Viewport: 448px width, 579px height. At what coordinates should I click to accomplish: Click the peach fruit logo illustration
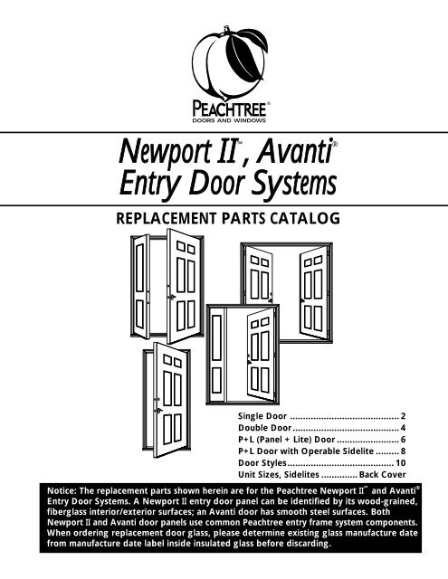tap(229, 62)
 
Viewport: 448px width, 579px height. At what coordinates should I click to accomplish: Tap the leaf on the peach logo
tap(246, 53)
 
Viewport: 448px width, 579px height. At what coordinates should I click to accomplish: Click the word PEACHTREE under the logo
tap(229, 109)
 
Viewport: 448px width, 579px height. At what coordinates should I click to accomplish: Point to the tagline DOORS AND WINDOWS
tap(229, 120)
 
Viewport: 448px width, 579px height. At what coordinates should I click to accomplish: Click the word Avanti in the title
tap(294, 151)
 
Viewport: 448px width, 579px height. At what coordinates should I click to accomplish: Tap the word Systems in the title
tap(294, 184)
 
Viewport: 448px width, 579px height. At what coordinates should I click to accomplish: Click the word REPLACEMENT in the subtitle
tap(166, 218)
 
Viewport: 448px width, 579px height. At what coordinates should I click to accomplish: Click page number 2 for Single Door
tap(403, 416)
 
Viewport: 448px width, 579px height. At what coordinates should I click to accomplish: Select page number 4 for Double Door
tap(403, 428)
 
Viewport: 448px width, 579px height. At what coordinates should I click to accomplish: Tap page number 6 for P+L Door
tap(403, 440)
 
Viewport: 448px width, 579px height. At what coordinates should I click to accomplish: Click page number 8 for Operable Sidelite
tap(403, 451)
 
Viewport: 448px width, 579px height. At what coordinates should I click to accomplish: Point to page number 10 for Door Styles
tap(401, 463)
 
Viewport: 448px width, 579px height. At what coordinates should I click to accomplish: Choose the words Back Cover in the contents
tap(382, 474)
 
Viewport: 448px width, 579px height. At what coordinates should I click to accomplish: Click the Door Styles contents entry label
tap(262, 463)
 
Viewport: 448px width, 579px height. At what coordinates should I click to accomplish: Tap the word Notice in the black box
tap(62, 490)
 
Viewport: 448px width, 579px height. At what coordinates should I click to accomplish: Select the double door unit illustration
tap(287, 292)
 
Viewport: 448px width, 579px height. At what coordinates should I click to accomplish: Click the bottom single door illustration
tap(167, 400)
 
